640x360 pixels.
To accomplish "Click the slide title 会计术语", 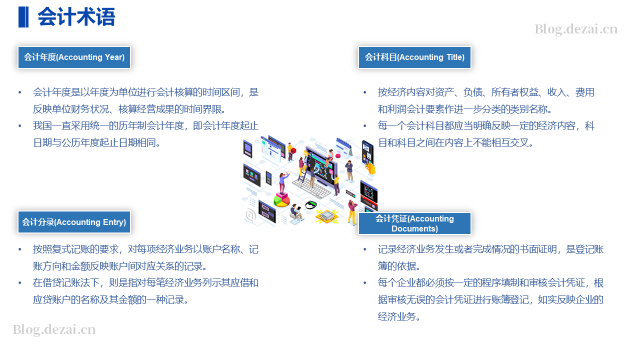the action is [76, 17].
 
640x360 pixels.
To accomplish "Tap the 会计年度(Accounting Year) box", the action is [74, 57].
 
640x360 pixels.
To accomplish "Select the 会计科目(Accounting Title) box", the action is [414, 57].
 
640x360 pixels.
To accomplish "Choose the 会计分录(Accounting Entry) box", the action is [74, 222].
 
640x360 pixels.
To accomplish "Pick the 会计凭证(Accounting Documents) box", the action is [414, 223].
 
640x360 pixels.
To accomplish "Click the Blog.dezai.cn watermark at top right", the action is [576, 29].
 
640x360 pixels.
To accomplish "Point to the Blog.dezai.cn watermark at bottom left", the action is [54, 329].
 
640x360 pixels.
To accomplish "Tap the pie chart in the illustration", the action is [281, 199].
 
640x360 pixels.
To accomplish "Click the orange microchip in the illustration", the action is [327, 216].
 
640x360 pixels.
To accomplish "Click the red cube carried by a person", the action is [293, 150].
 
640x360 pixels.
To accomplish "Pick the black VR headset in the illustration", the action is [311, 204].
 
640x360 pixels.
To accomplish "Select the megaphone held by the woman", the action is [285, 174].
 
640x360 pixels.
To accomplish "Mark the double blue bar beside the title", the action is [23, 17].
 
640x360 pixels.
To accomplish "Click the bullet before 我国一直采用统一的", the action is [19, 125].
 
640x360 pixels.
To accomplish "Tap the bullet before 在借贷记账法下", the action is [19, 283].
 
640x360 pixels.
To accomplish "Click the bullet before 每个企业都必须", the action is [365, 283].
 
